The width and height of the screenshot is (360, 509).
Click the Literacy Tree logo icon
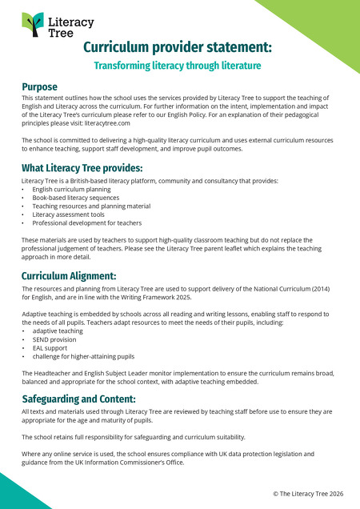pos(33,25)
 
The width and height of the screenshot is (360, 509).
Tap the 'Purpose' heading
pos(39,86)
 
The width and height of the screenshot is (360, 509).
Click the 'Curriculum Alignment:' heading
pos(69,276)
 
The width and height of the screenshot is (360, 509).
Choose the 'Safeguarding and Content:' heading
pos(78,398)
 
